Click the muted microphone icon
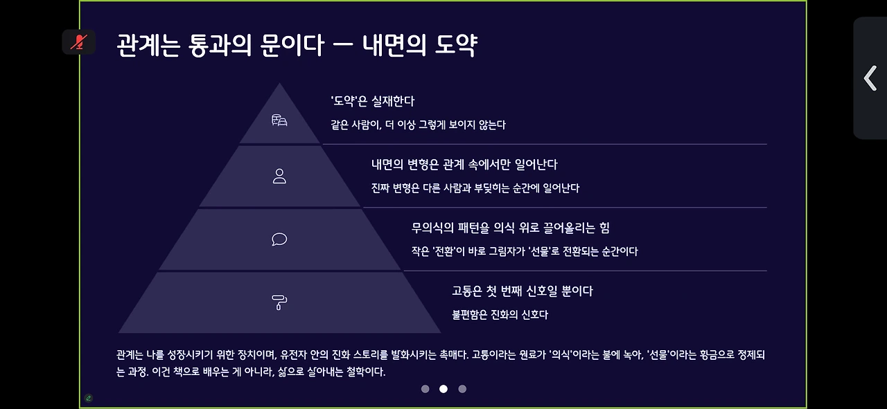79,42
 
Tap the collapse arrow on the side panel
870,78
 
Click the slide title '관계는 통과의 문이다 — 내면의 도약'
297,46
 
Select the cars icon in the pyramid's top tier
279,120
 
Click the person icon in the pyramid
279,176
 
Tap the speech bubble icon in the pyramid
279,239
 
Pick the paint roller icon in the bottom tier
279,302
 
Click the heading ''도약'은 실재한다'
372,101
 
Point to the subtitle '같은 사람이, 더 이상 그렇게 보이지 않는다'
418,125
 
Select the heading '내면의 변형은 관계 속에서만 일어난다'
464,165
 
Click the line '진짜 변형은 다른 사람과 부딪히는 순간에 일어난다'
475,188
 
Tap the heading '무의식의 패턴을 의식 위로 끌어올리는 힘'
510,228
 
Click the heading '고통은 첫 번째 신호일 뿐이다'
522,291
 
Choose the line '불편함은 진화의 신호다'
500,315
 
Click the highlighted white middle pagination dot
443,389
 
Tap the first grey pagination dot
425,389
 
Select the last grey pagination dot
462,389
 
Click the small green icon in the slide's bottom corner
89,398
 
